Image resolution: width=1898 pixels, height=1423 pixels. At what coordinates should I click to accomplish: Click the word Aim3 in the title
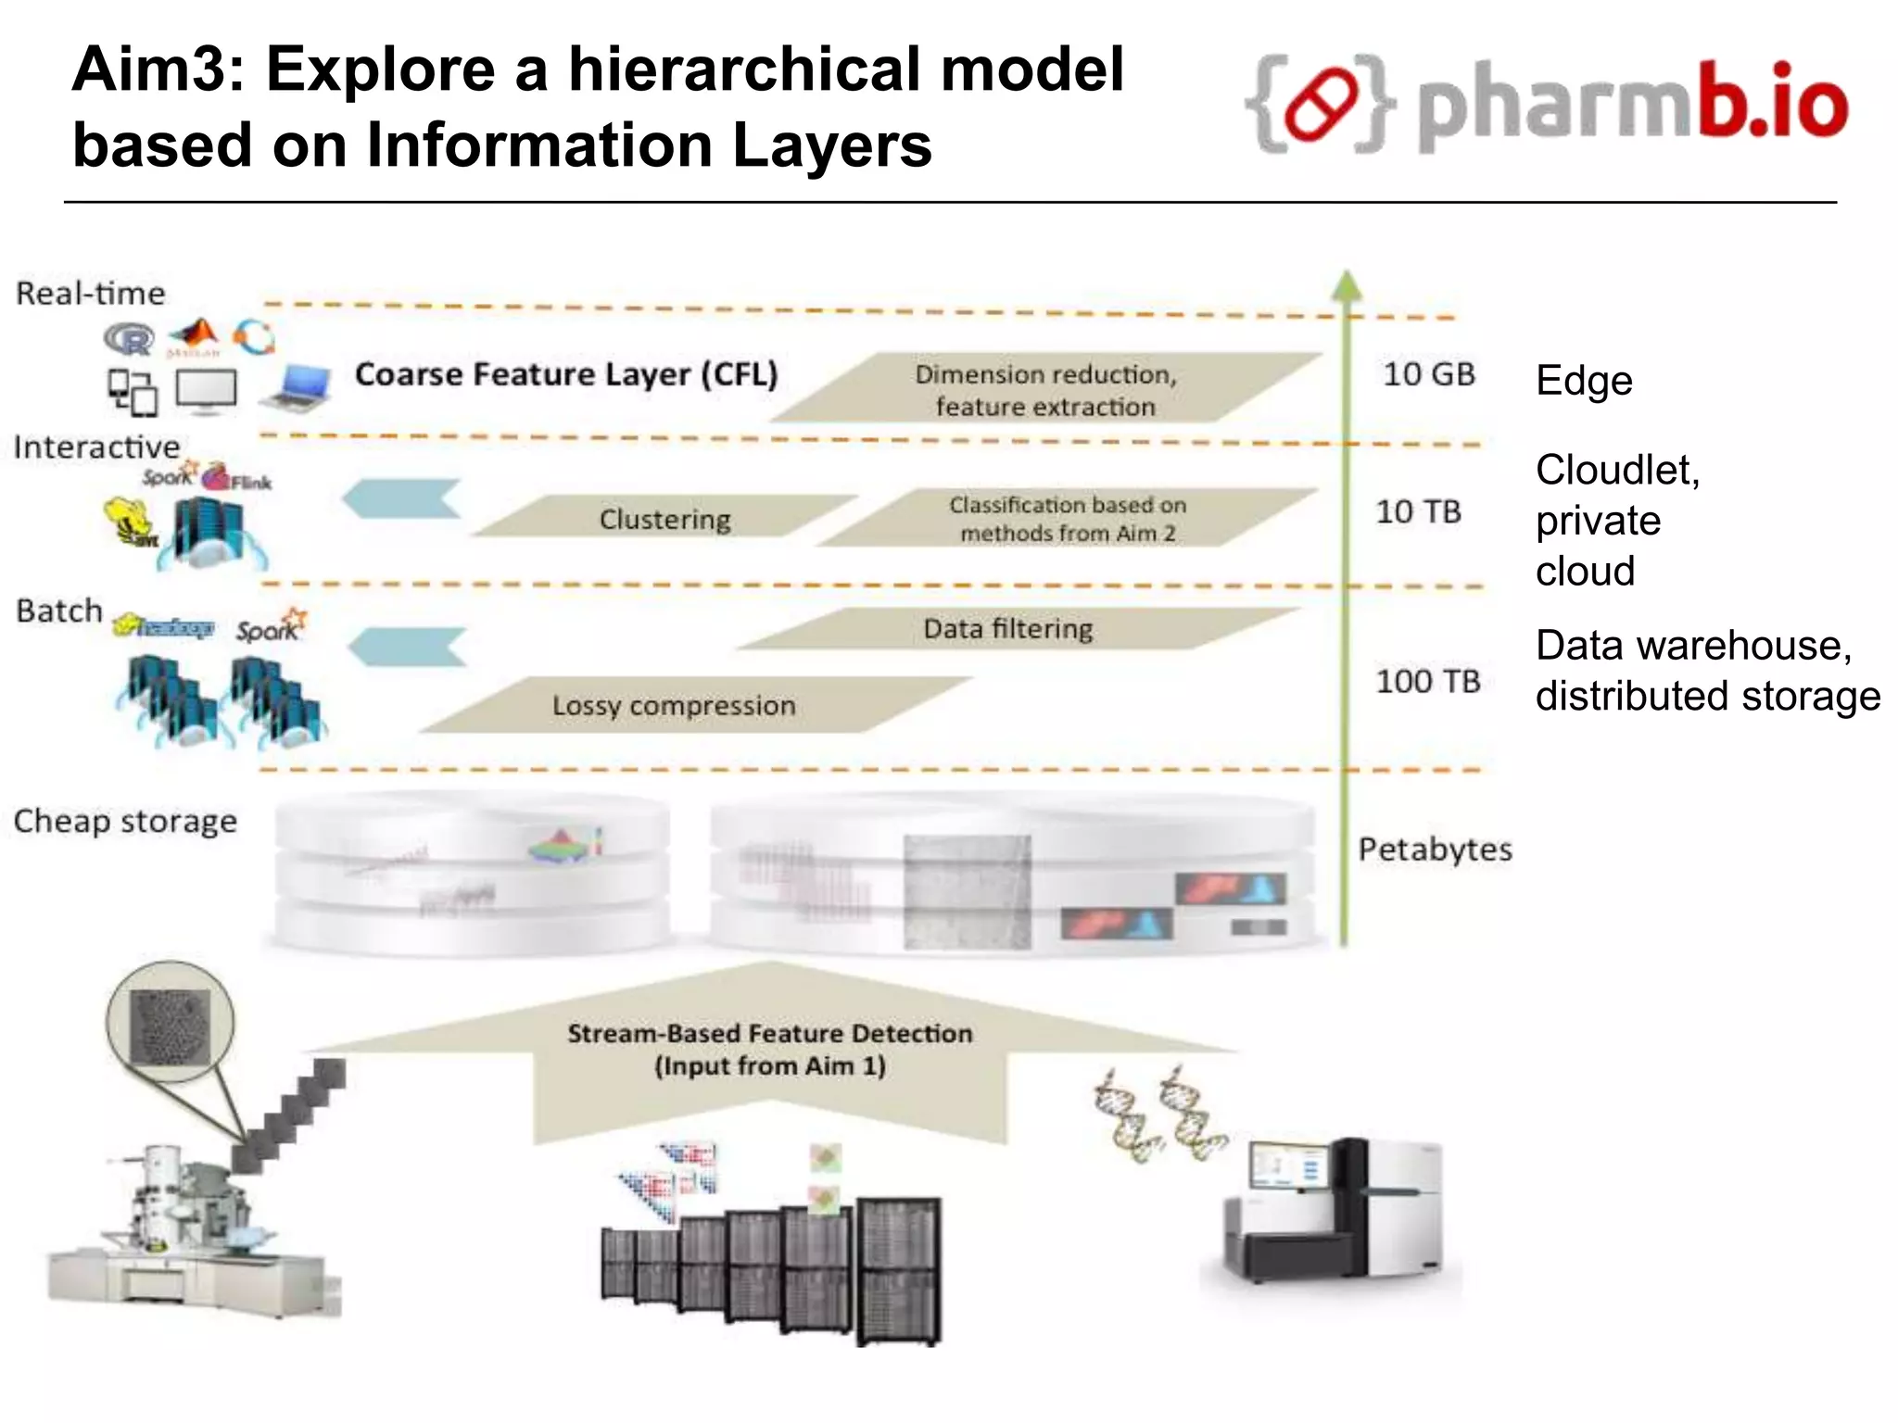[158, 70]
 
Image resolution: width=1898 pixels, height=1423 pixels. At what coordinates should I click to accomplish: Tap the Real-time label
[91, 294]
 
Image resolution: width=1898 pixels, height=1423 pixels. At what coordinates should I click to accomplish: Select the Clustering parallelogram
[664, 518]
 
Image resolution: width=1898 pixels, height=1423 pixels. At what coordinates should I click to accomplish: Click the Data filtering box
[1008, 629]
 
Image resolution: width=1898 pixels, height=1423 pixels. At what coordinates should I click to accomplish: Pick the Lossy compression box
[674, 706]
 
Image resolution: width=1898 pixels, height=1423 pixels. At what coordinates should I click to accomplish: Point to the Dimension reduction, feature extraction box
[1045, 389]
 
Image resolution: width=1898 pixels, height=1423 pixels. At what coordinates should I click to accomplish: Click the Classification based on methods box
[1067, 519]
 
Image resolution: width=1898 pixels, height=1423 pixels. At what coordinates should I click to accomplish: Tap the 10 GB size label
[1428, 374]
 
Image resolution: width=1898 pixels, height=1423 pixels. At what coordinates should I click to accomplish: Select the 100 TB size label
[1427, 682]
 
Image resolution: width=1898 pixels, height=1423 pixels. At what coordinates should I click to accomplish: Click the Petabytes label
[1435, 850]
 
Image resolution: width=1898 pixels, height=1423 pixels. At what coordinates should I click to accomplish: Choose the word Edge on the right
[1583, 381]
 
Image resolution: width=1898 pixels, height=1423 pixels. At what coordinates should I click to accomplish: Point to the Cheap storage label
[125, 822]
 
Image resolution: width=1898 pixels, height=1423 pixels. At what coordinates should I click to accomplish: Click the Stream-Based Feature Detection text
[769, 1049]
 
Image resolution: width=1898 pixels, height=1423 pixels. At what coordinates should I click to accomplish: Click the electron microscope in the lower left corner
[185, 1232]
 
